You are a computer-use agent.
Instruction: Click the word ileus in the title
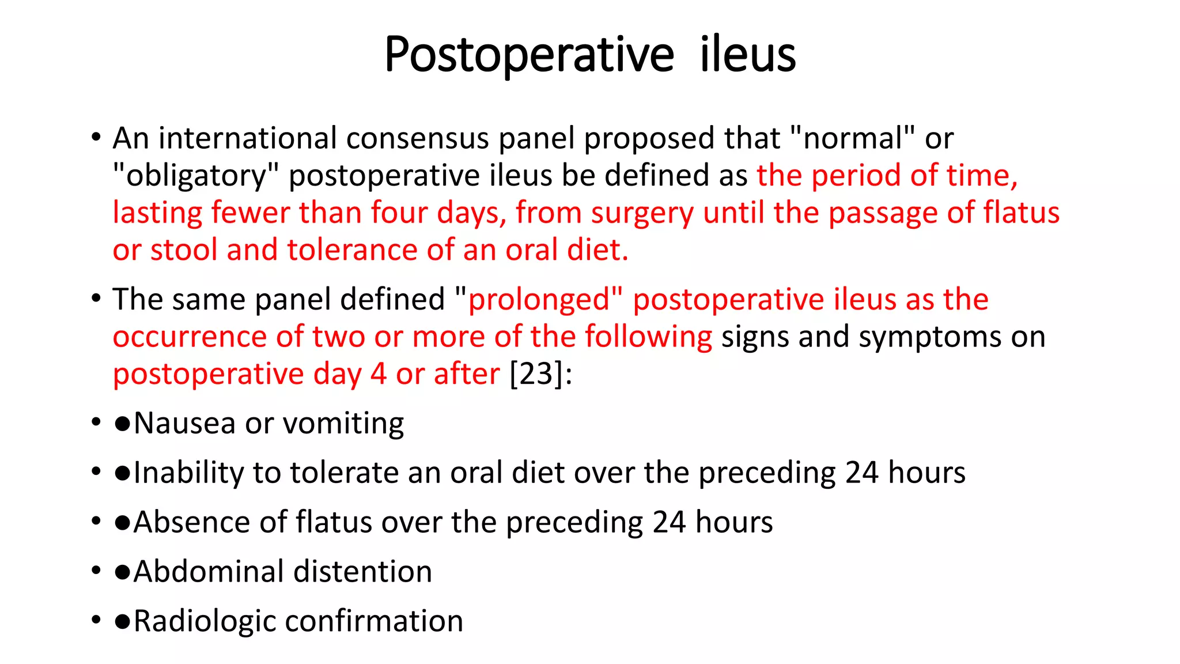(747, 55)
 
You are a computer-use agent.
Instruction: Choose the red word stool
(183, 250)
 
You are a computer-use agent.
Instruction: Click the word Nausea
(184, 424)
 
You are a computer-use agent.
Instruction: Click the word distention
(362, 572)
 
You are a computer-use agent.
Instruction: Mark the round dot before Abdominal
(122, 572)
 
